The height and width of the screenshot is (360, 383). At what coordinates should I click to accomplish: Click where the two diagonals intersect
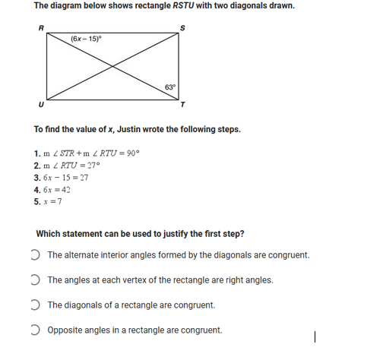tap(112, 66)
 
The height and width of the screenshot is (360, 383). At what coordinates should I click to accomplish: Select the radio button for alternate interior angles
tap(38, 255)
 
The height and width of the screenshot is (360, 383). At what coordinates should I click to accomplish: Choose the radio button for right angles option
tap(38, 279)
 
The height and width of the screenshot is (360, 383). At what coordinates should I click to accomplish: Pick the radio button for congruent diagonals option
tap(38, 305)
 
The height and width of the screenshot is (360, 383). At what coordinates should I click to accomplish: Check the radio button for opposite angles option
tap(38, 330)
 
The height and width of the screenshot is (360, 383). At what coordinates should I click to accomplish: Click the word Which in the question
tap(47, 232)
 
